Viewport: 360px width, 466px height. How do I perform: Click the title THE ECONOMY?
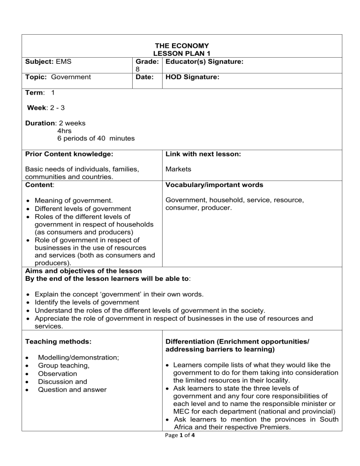click(x=182, y=45)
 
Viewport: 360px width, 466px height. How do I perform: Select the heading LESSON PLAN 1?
click(x=182, y=53)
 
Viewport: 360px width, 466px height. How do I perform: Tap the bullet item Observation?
click(x=58, y=374)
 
